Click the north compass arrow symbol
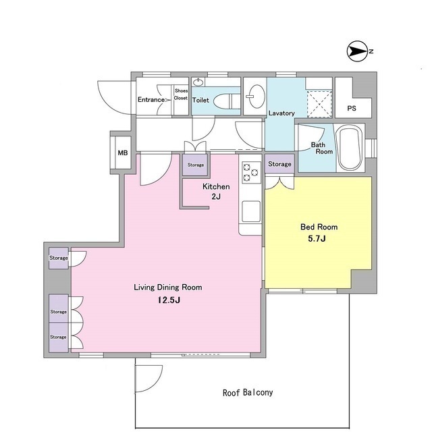pos(358,51)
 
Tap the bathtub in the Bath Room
pos(350,148)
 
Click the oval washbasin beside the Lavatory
pos(256,97)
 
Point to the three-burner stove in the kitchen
pos(251,173)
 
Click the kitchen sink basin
pos(251,211)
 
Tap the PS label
pos(352,108)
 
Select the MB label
pos(123,153)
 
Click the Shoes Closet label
pos(181,94)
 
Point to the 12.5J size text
pos(169,300)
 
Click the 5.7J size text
pos(317,238)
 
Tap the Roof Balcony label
pos(248,392)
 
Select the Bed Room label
pos(319,227)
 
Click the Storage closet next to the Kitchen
pos(195,165)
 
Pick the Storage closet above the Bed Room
pos(279,163)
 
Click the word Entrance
pos(151,99)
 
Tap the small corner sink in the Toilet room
pos(198,82)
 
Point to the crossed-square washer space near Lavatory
pos(319,104)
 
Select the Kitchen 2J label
pos(216,191)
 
